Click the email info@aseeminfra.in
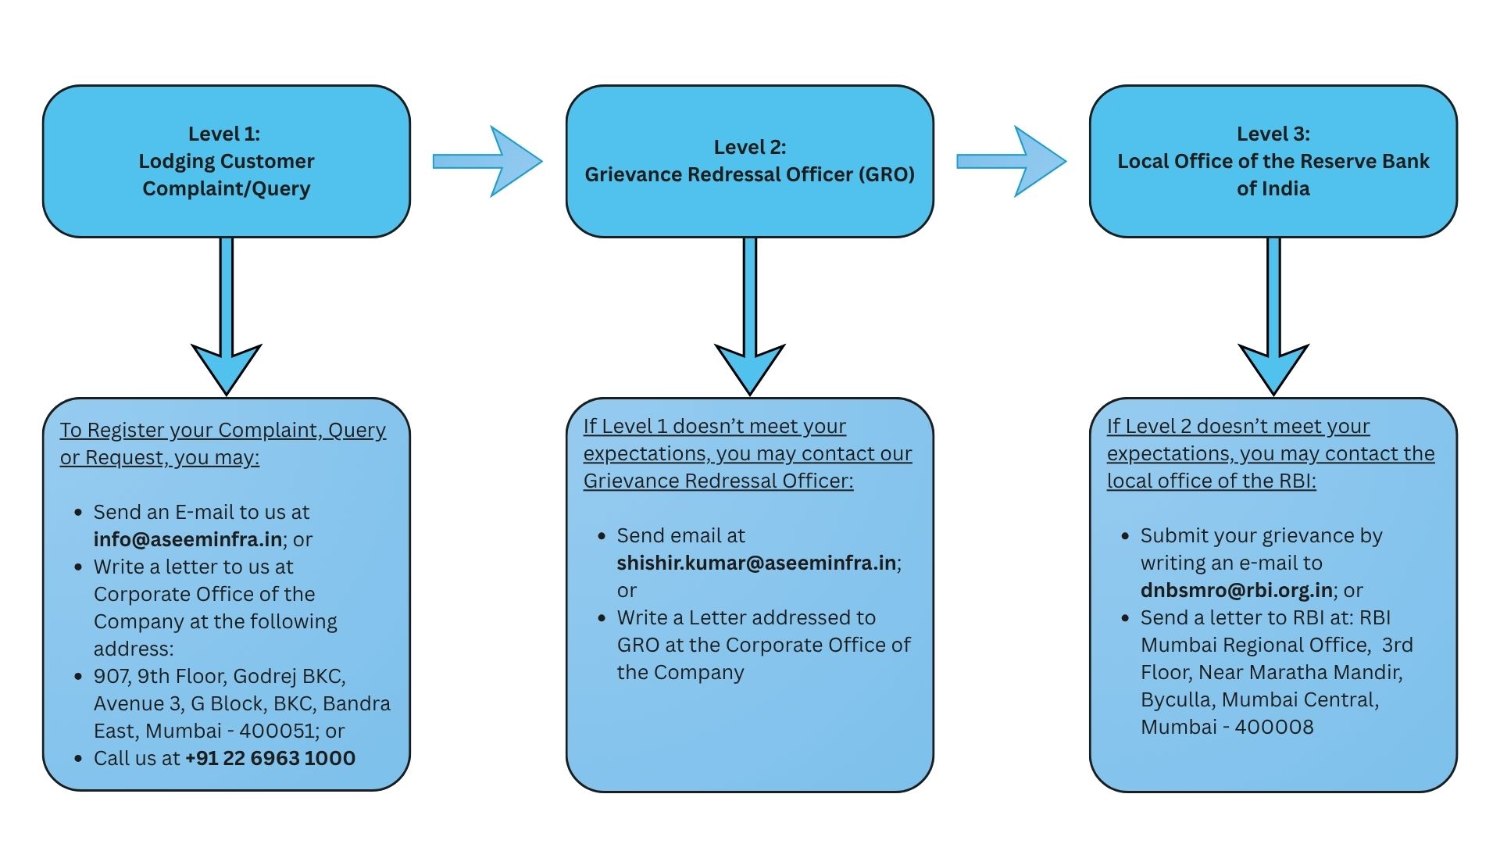pyautogui.click(x=187, y=539)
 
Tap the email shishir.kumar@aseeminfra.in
pyautogui.click(x=756, y=563)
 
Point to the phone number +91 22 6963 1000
pyautogui.click(x=270, y=758)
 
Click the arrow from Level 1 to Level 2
pyautogui.click(x=487, y=161)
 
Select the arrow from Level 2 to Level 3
pyautogui.click(x=1011, y=161)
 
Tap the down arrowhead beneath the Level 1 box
pyautogui.click(x=227, y=367)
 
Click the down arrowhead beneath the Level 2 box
pyautogui.click(x=750, y=367)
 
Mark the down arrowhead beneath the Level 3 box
pyautogui.click(x=1273, y=367)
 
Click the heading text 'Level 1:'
pyautogui.click(x=224, y=134)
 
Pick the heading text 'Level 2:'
pyautogui.click(x=750, y=147)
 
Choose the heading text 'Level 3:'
pyautogui.click(x=1273, y=134)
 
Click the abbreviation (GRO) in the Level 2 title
pyautogui.click(x=886, y=174)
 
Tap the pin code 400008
pyautogui.click(x=1274, y=727)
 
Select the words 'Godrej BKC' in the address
pyautogui.click(x=288, y=676)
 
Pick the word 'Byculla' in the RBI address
pyautogui.click(x=1177, y=699)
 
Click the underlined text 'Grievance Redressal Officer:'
pyautogui.click(x=718, y=481)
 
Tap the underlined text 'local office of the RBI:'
pyautogui.click(x=1211, y=481)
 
